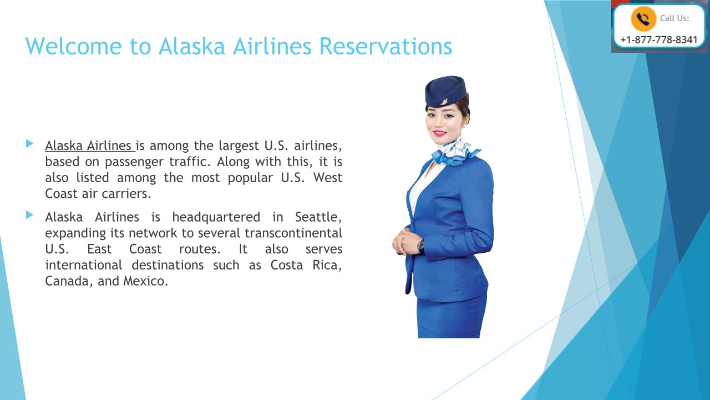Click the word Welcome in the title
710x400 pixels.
tap(74, 46)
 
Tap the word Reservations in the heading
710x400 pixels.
tap(386, 46)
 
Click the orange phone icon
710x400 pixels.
tap(643, 19)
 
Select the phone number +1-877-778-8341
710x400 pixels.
tap(659, 40)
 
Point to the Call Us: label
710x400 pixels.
tap(674, 18)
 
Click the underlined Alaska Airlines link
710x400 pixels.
tap(90, 146)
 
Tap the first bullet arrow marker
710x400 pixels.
tap(30, 144)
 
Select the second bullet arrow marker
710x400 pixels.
tap(30, 215)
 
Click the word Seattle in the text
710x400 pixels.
tap(318, 217)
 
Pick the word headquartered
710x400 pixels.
tap(216, 217)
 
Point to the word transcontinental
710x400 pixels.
tap(293, 233)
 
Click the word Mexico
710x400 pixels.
tap(145, 281)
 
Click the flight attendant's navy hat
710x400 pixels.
tap(446, 91)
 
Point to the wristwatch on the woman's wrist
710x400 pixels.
tap(420, 246)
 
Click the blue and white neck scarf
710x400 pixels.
tap(457, 152)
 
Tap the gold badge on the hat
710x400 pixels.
tap(445, 102)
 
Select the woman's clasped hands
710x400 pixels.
tap(404, 243)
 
